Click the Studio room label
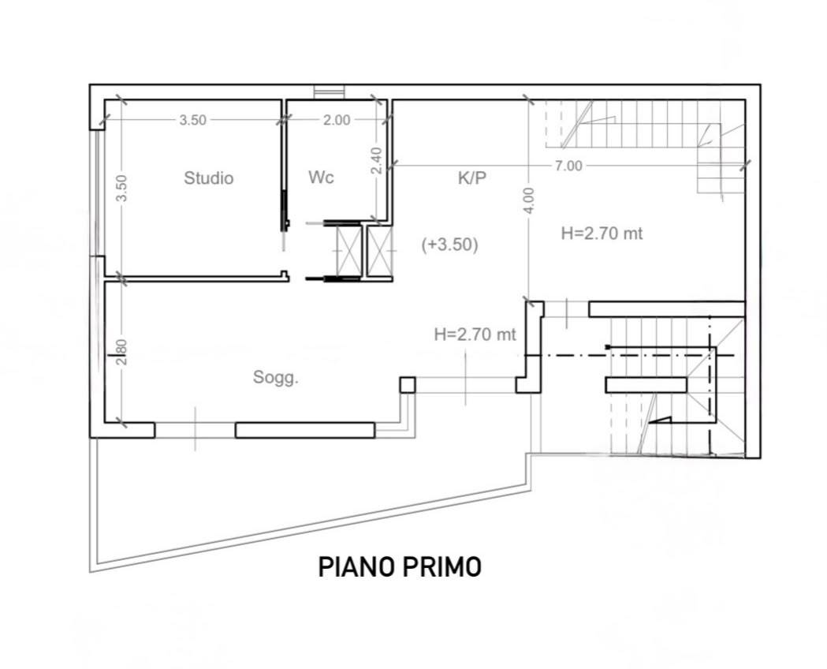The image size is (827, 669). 208,178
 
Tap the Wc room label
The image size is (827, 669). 321,178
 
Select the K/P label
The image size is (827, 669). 471,178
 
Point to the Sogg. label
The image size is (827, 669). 275,378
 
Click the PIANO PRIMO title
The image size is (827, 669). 400,567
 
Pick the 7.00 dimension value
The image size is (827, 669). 568,166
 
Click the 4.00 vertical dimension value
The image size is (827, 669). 530,200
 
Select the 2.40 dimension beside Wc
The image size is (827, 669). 376,160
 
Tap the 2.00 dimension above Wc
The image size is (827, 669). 337,120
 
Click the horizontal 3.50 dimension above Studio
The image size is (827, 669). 192,120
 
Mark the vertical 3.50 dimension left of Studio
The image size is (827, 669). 121,188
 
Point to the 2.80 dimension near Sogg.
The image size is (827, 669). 121,352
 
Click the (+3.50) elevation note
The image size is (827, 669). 449,245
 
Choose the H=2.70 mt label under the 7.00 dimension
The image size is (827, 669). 602,234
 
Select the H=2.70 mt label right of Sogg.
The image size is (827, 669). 475,334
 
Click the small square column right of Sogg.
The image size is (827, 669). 407,385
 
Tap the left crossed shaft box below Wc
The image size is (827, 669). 349,251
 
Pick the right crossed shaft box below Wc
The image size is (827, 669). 380,251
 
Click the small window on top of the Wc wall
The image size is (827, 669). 329,92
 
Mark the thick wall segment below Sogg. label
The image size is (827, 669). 305,431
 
